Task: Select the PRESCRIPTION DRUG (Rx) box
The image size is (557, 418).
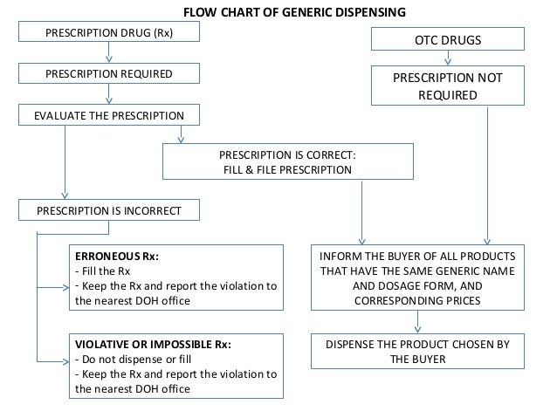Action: click(109, 33)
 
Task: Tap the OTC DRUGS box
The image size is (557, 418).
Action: click(447, 39)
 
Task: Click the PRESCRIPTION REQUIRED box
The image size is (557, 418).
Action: click(109, 74)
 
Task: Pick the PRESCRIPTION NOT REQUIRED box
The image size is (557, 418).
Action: click(447, 87)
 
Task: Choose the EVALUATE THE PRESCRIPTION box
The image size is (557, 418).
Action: click(109, 115)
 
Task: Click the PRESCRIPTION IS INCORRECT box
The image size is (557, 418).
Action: click(109, 209)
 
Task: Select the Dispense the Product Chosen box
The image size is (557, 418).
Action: click(416, 351)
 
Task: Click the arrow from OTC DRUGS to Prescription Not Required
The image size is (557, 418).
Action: click(447, 59)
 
